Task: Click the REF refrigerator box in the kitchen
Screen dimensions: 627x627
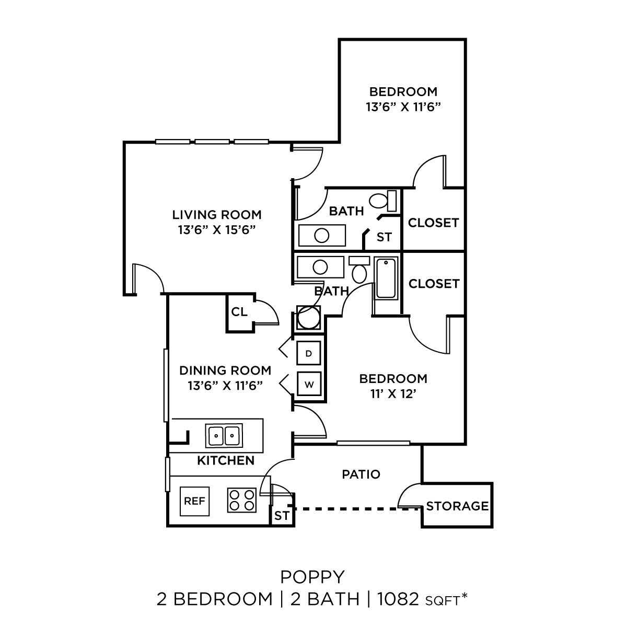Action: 194,501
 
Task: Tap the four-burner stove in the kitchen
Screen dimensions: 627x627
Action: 242,500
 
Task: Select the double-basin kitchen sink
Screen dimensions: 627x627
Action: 224,435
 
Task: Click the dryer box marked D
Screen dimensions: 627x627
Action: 309,353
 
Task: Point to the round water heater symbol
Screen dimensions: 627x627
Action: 308,318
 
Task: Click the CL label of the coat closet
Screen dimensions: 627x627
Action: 239,312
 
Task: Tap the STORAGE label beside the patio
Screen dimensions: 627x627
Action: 457,506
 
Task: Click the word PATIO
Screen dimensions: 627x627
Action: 361,474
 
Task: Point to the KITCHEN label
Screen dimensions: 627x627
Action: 226,460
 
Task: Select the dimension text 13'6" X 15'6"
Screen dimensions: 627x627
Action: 217,230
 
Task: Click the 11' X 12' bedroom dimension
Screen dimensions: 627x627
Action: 393,394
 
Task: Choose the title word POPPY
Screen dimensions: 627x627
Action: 312,577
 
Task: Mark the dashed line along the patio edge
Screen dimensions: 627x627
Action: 355,508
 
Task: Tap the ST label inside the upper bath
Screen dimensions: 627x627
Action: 384,237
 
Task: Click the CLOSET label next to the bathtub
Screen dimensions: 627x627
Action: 434,284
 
